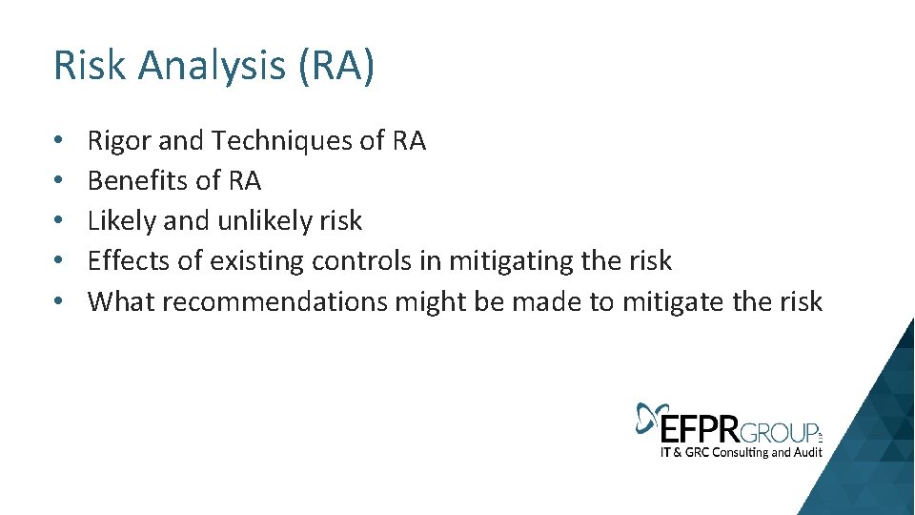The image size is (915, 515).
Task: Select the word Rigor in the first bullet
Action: click(119, 141)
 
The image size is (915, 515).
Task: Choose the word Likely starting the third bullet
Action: click(122, 221)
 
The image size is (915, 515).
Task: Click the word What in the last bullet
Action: click(121, 301)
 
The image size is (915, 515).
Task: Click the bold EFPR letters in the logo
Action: click(699, 425)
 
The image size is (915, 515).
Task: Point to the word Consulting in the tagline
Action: click(731, 452)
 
